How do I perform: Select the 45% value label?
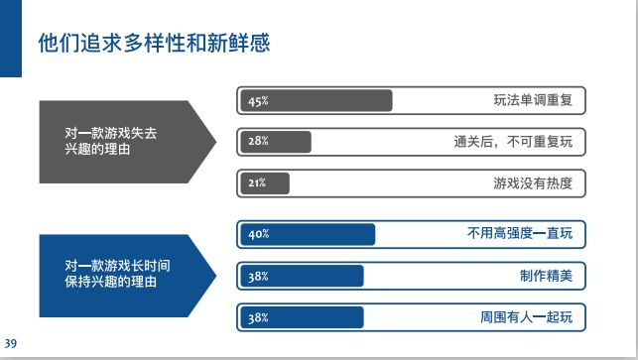point(258,101)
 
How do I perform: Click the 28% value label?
point(258,142)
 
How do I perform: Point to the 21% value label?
point(257,183)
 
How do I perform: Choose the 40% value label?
point(258,235)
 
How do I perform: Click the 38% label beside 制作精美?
point(258,277)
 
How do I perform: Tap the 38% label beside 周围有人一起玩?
point(258,318)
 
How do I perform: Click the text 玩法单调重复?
point(533,101)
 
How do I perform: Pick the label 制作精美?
point(546,277)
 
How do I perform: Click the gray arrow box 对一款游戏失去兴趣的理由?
point(119,142)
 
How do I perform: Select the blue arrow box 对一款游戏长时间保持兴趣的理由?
point(119,275)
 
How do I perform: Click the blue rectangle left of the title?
point(10,38)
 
